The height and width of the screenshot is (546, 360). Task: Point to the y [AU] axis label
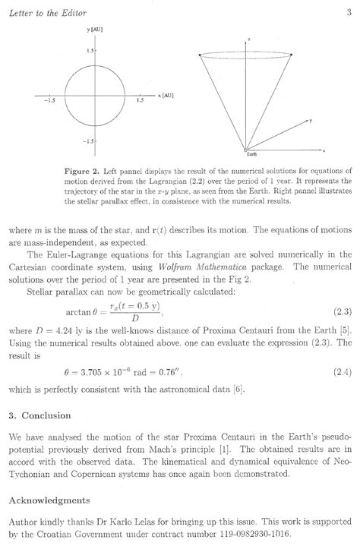pos(94,30)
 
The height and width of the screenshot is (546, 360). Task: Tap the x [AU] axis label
pos(166,96)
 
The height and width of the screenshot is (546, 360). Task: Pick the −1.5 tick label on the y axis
pos(89,141)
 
